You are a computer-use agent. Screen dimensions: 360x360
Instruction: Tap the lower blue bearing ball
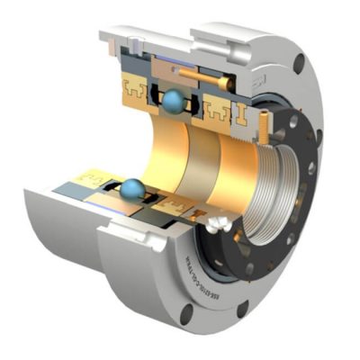132,188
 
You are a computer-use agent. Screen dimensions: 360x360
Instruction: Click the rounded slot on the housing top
202,36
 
